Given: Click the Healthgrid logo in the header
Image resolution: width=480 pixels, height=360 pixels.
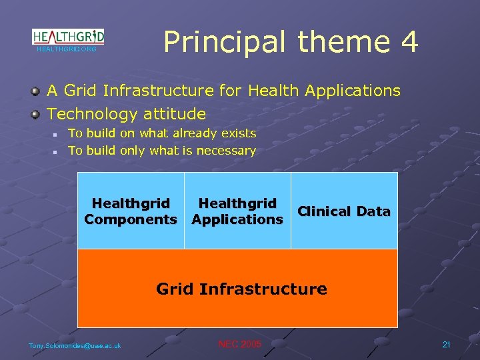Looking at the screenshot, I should [x=68, y=36].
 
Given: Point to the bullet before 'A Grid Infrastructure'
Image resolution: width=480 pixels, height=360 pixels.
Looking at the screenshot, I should [x=35, y=91].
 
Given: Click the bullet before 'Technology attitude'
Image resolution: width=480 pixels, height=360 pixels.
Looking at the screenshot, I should [x=35, y=114].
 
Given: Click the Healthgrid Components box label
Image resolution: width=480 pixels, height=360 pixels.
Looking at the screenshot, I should [x=131, y=211].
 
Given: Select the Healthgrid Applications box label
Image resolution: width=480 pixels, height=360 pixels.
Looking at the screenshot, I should [x=237, y=211].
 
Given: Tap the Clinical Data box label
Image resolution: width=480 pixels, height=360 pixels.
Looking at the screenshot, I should [x=344, y=211].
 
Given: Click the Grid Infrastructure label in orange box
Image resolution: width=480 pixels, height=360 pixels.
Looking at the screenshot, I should [x=241, y=289].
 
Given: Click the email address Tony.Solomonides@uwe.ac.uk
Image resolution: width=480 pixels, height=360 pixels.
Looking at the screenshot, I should [x=75, y=345].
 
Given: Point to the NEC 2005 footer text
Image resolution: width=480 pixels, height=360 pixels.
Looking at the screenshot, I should [x=240, y=344].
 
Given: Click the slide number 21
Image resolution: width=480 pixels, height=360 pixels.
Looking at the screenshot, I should [x=446, y=344].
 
